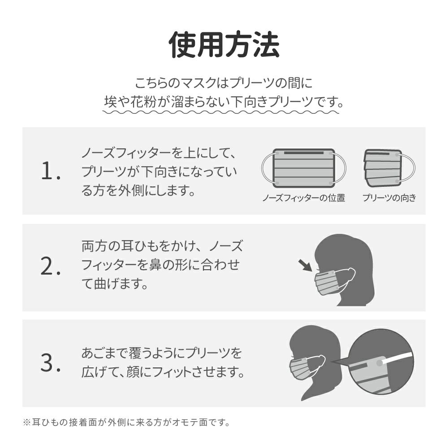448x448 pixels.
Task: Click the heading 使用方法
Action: tap(224, 45)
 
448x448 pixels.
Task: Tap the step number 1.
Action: tap(51, 171)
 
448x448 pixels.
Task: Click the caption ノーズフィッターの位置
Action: tap(304, 198)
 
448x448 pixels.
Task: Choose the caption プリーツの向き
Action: tap(389, 198)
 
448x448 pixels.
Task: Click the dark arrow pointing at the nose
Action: tap(305, 265)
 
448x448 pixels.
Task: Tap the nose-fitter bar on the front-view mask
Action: tap(304, 153)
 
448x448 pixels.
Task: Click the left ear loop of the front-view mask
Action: tap(267, 168)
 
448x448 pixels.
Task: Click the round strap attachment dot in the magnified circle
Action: tap(379, 363)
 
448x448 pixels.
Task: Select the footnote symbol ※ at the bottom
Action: tap(27, 422)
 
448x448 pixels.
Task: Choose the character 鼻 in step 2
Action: tap(155, 265)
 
